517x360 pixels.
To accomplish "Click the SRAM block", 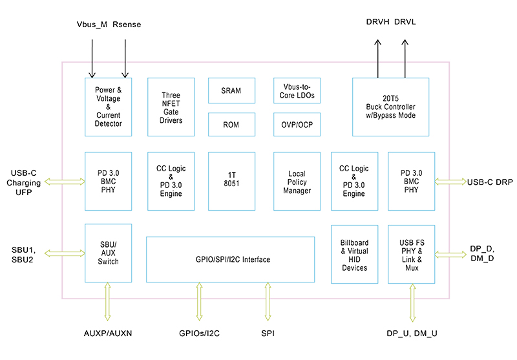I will (x=231, y=90).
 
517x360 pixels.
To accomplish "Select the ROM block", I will (x=231, y=124).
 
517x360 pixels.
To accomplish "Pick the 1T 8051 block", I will (x=231, y=182).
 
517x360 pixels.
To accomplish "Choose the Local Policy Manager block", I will (x=297, y=182).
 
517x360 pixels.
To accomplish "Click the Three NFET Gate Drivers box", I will (x=171, y=107).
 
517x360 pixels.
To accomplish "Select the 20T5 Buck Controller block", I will (x=390, y=107).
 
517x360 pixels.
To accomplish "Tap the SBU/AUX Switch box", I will (x=108, y=253).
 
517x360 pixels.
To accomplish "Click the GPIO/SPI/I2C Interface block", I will (x=231, y=260).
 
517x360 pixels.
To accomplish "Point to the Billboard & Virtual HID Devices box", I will (x=353, y=253).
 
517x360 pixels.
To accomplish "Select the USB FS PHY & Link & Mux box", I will (x=411, y=253).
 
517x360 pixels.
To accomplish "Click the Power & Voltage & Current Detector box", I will (x=108, y=107).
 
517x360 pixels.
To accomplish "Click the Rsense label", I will (x=127, y=25).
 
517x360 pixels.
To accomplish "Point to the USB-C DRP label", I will (x=490, y=182).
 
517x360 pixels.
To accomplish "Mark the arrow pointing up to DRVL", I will (x=405, y=58).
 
